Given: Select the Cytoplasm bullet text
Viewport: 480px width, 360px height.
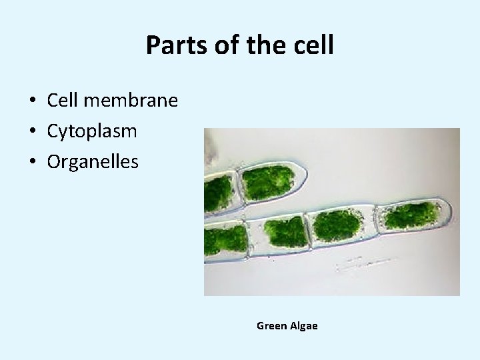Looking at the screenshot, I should point(92,131).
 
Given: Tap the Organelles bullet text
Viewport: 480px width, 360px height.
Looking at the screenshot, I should point(93,161).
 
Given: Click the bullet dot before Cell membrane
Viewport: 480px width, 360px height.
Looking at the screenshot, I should point(32,101).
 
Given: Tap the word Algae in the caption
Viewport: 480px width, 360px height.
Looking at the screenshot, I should point(304,326).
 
